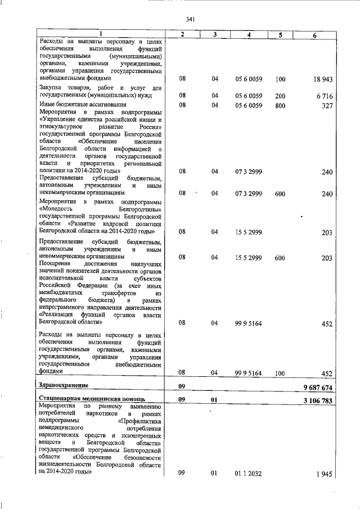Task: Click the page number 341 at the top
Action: [x=190, y=20]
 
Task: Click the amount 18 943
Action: [x=324, y=80]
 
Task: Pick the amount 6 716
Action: [x=326, y=96]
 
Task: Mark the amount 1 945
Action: [x=324, y=475]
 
